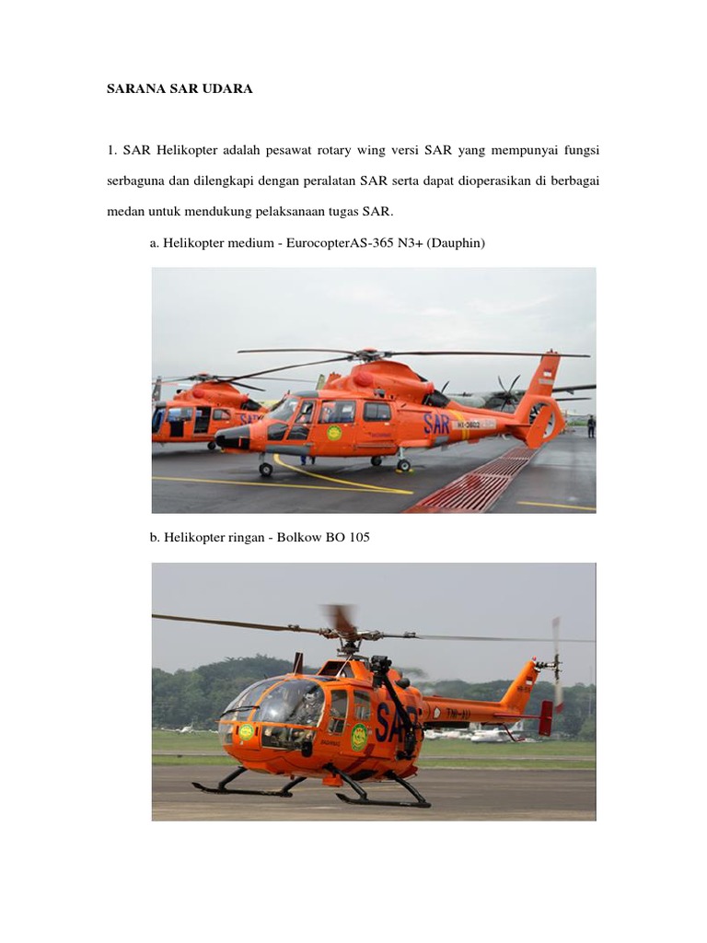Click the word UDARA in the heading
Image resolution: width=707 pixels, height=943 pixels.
tap(226, 89)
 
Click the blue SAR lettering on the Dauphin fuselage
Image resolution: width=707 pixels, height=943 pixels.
tap(439, 423)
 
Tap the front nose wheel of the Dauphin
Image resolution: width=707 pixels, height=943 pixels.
tap(265, 470)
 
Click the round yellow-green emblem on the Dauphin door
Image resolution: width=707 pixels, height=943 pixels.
tap(334, 432)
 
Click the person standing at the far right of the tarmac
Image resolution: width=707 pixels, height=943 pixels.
tap(591, 425)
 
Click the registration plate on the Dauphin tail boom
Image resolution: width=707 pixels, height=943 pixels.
tap(475, 424)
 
